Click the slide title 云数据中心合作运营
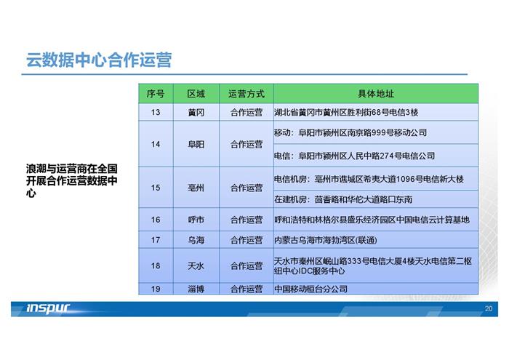coord(99,60)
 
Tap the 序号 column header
coord(156,94)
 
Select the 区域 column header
coord(196,94)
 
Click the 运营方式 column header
coord(247,94)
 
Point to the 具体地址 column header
coord(376,94)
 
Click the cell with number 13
coord(156,112)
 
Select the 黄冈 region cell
coord(196,112)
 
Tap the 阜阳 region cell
coord(196,144)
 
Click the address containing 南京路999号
coord(350,132)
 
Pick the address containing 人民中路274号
coord(355,156)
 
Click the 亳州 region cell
coord(196,188)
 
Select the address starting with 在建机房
coord(343,199)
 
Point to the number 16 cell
coord(156,220)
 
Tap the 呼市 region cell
coord(196,220)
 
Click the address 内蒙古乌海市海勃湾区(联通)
coord(326,240)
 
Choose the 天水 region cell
coord(196,266)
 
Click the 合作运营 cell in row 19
coord(247,289)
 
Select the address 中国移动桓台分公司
coord(310,289)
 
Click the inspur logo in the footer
coord(48,308)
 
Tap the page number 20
coord(489,308)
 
